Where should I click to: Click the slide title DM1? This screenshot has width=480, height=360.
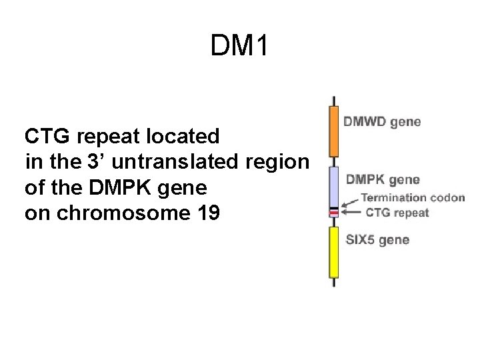coord(239,46)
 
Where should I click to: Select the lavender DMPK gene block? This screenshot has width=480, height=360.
coord(333,187)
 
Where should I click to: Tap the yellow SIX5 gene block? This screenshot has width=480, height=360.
coord(333,252)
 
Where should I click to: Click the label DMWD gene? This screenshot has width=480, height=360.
coord(382,122)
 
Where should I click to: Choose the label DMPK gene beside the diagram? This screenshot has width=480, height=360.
coord(382,179)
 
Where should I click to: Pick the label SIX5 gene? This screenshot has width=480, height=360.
coord(377,240)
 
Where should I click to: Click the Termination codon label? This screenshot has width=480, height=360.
coord(413,198)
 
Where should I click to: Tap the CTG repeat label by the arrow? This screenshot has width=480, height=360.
coord(397,213)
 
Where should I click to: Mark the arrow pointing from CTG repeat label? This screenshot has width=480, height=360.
coord(351,213)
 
